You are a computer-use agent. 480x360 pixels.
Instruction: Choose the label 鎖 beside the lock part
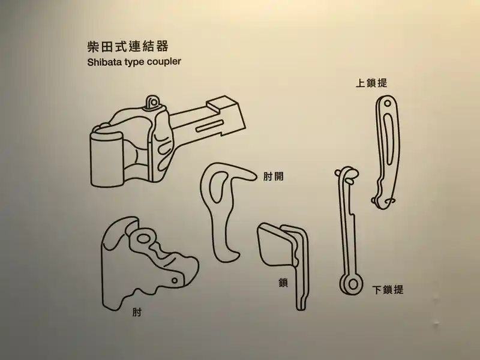[283, 283]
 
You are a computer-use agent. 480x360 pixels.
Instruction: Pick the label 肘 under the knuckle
[136, 312]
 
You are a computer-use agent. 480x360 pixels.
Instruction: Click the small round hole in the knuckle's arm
[175, 280]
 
